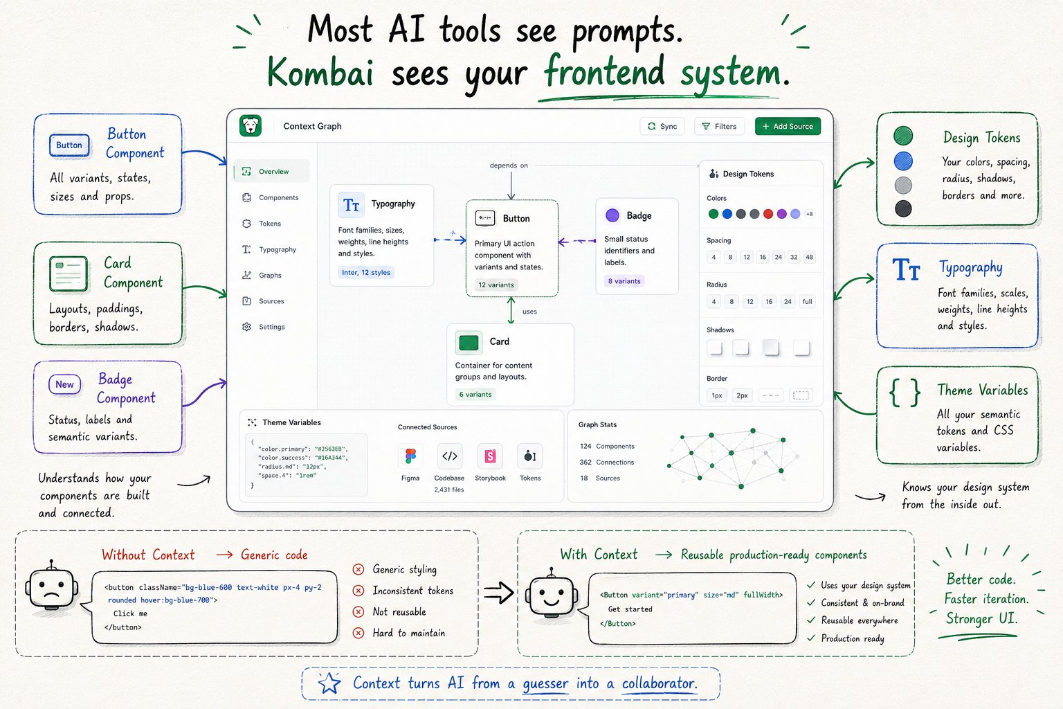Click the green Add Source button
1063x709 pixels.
click(x=788, y=126)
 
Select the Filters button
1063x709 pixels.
click(x=720, y=126)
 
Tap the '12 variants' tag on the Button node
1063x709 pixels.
click(x=496, y=285)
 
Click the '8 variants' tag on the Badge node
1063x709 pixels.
click(x=624, y=281)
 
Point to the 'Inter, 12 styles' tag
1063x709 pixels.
click(x=366, y=273)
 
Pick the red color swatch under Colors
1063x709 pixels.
click(x=768, y=214)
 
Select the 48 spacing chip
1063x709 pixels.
click(x=809, y=258)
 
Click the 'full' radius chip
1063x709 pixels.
click(x=807, y=302)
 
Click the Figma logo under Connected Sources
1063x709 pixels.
click(x=410, y=456)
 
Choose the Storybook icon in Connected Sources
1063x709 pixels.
click(x=490, y=456)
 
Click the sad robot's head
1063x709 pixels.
click(x=52, y=587)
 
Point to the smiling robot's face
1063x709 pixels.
click(x=552, y=595)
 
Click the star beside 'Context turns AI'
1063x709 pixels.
click(x=329, y=684)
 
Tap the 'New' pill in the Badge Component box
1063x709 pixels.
click(x=64, y=384)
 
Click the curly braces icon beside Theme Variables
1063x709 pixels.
click(x=905, y=393)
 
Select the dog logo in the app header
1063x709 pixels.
click(x=251, y=126)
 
